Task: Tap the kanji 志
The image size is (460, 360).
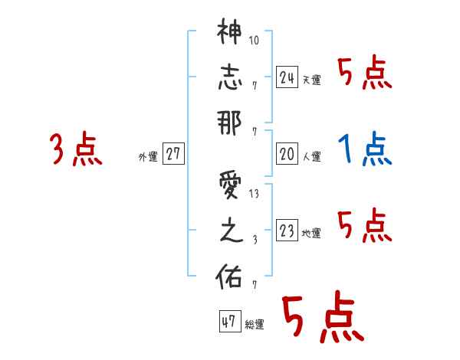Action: click(x=229, y=78)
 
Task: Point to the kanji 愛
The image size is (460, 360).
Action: click(x=229, y=187)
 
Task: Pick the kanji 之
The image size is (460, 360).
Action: click(x=229, y=232)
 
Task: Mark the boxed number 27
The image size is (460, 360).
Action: click(x=173, y=155)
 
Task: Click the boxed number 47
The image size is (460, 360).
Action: click(x=229, y=322)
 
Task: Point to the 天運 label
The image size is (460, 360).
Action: click(x=312, y=80)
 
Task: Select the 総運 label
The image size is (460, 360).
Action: click(x=255, y=325)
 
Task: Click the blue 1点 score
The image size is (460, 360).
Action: click(x=365, y=149)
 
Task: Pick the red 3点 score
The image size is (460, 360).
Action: click(x=76, y=149)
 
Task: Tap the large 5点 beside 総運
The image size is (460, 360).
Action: click(x=322, y=318)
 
